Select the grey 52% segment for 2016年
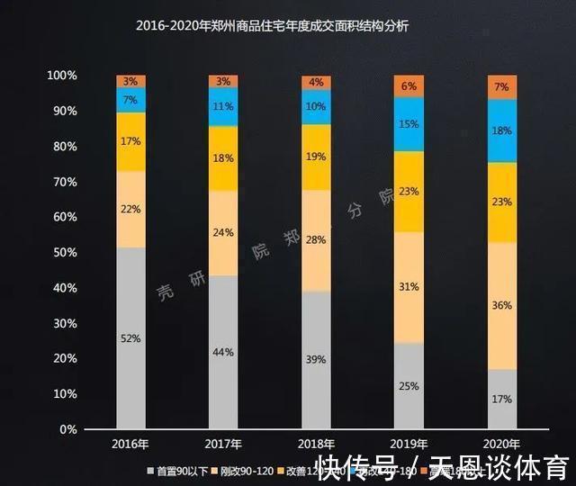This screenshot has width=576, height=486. point(131,337)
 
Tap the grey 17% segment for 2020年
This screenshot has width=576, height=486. point(502,399)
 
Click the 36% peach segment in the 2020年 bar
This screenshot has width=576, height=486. point(502,305)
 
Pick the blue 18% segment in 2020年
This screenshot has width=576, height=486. point(502,130)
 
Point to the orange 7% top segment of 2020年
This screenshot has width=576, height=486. point(502,87)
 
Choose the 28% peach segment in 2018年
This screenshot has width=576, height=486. point(316,240)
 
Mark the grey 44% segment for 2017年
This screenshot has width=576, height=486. point(224,352)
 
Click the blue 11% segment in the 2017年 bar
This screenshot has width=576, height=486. point(224,106)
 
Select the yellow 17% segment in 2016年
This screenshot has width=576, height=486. point(131,141)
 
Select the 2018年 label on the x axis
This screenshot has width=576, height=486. point(316,445)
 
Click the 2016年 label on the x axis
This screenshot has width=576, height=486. point(131,445)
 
